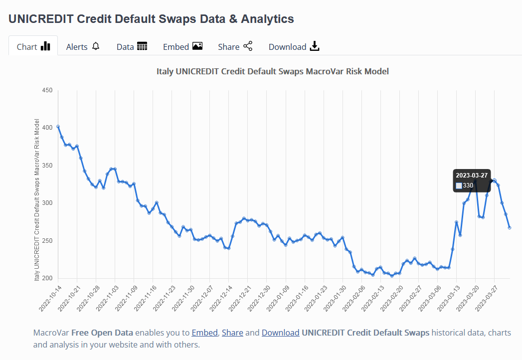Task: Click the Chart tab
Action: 33,46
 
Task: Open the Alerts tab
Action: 83,46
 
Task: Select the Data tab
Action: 132,46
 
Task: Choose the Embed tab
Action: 182,46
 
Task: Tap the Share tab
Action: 235,46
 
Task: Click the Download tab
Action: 294,46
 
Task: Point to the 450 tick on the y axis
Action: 47,90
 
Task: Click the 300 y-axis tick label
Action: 47,203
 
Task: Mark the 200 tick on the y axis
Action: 47,278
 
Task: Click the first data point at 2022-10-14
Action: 58,127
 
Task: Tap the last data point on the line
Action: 510,227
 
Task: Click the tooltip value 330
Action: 468,185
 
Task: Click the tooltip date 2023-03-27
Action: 472,175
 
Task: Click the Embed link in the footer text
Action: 204,333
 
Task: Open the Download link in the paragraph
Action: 280,333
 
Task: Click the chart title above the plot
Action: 273,71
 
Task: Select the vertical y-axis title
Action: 37,199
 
